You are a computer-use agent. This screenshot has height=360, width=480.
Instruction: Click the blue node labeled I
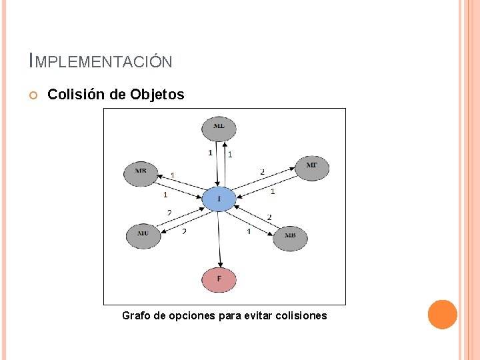[x=219, y=199]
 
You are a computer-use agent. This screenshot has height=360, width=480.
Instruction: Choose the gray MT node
[x=311, y=166]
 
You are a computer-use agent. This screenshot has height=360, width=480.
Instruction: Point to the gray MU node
[x=143, y=234]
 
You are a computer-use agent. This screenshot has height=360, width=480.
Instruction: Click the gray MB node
[x=290, y=236]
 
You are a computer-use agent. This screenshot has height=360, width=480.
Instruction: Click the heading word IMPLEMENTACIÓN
[x=101, y=62]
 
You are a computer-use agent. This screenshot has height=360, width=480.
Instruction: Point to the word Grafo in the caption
[x=136, y=315]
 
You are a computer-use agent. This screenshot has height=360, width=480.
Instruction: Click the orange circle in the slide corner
[x=442, y=314]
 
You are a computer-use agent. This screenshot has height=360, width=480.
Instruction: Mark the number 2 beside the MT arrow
[x=262, y=172]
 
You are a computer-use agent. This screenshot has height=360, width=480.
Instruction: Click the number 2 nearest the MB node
[x=269, y=217]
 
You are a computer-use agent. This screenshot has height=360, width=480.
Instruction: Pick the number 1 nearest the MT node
[x=273, y=192]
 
